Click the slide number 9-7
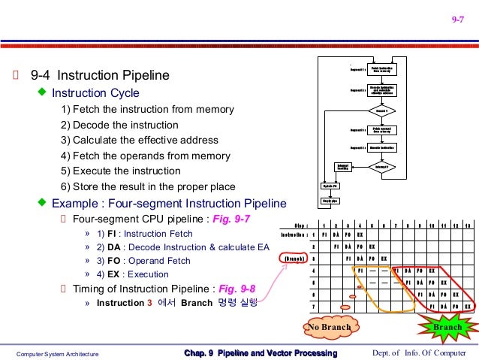click(x=457, y=20)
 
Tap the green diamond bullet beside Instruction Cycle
click(x=43, y=92)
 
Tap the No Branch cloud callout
click(x=327, y=327)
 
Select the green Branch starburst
click(x=449, y=327)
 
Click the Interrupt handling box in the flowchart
click(x=342, y=166)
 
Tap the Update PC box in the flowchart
click(x=330, y=185)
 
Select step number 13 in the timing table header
click(x=467, y=223)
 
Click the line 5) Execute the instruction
click(x=121, y=171)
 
